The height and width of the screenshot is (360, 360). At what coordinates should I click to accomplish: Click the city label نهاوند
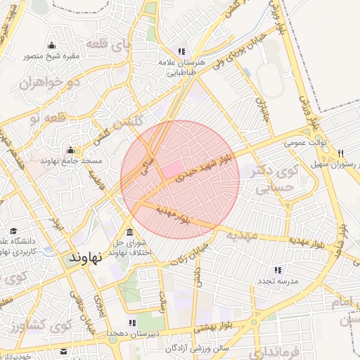click(87, 257)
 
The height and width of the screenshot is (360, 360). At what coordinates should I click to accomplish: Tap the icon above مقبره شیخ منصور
click(51, 46)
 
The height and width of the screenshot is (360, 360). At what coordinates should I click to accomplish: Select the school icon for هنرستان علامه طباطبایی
click(182, 51)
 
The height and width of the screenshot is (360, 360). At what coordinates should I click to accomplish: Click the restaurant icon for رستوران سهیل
click(341, 153)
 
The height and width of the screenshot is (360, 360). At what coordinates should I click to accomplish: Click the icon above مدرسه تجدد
click(277, 270)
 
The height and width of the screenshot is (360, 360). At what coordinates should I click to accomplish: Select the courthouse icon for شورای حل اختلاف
click(129, 233)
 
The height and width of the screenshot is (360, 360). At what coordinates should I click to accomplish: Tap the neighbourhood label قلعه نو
click(44, 117)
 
